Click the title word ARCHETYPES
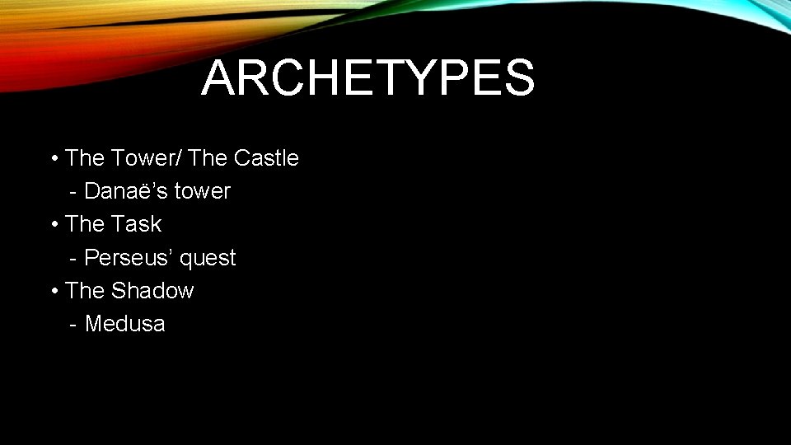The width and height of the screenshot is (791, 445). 367,79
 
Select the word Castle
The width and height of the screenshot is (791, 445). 266,157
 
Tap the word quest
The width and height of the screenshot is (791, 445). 208,259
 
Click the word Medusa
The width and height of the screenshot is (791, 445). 124,324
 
